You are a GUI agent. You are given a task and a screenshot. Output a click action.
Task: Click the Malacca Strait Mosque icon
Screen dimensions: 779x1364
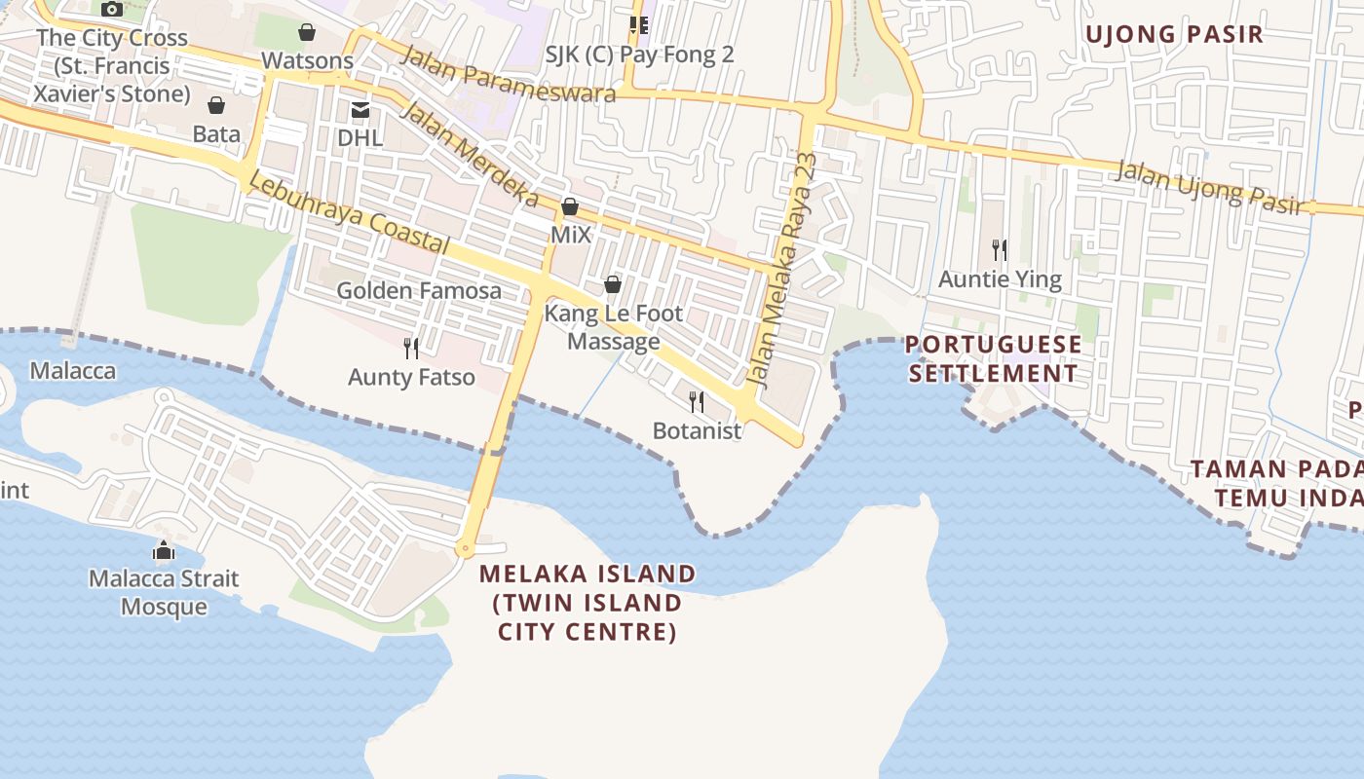click(164, 551)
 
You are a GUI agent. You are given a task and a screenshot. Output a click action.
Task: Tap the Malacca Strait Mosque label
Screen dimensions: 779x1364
click(164, 592)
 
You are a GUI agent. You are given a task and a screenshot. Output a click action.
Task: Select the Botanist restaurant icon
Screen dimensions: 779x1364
click(697, 401)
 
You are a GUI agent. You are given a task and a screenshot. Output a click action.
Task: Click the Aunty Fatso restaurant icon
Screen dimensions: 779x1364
click(411, 348)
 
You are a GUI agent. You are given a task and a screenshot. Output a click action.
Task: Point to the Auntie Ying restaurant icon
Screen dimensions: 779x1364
click(999, 250)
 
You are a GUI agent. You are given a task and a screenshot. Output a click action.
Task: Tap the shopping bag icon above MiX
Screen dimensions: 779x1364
click(570, 206)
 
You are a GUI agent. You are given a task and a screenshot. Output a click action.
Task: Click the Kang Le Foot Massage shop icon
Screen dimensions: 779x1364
click(613, 284)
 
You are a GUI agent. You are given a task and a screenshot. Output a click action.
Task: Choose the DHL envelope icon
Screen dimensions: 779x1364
click(360, 109)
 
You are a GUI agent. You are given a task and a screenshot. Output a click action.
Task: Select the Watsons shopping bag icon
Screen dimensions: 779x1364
click(307, 32)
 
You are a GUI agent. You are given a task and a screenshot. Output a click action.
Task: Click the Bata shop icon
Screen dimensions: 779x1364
click(216, 104)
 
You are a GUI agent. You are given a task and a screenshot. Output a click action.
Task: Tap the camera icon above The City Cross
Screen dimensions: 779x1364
click(112, 10)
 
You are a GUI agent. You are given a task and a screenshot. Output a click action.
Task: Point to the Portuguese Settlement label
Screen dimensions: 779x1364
click(993, 358)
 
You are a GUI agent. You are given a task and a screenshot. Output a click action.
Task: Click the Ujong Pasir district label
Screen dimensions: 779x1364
click(1174, 35)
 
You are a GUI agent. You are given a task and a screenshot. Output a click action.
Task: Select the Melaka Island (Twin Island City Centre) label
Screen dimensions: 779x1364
click(587, 602)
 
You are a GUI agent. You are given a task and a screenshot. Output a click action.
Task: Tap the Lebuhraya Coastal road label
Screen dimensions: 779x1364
click(349, 213)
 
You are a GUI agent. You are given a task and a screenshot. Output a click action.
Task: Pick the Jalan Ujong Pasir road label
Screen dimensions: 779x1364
click(1208, 187)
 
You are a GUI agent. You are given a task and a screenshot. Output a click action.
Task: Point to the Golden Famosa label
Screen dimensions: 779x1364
click(419, 290)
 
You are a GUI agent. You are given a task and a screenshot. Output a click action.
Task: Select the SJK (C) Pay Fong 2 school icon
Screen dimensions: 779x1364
click(638, 24)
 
